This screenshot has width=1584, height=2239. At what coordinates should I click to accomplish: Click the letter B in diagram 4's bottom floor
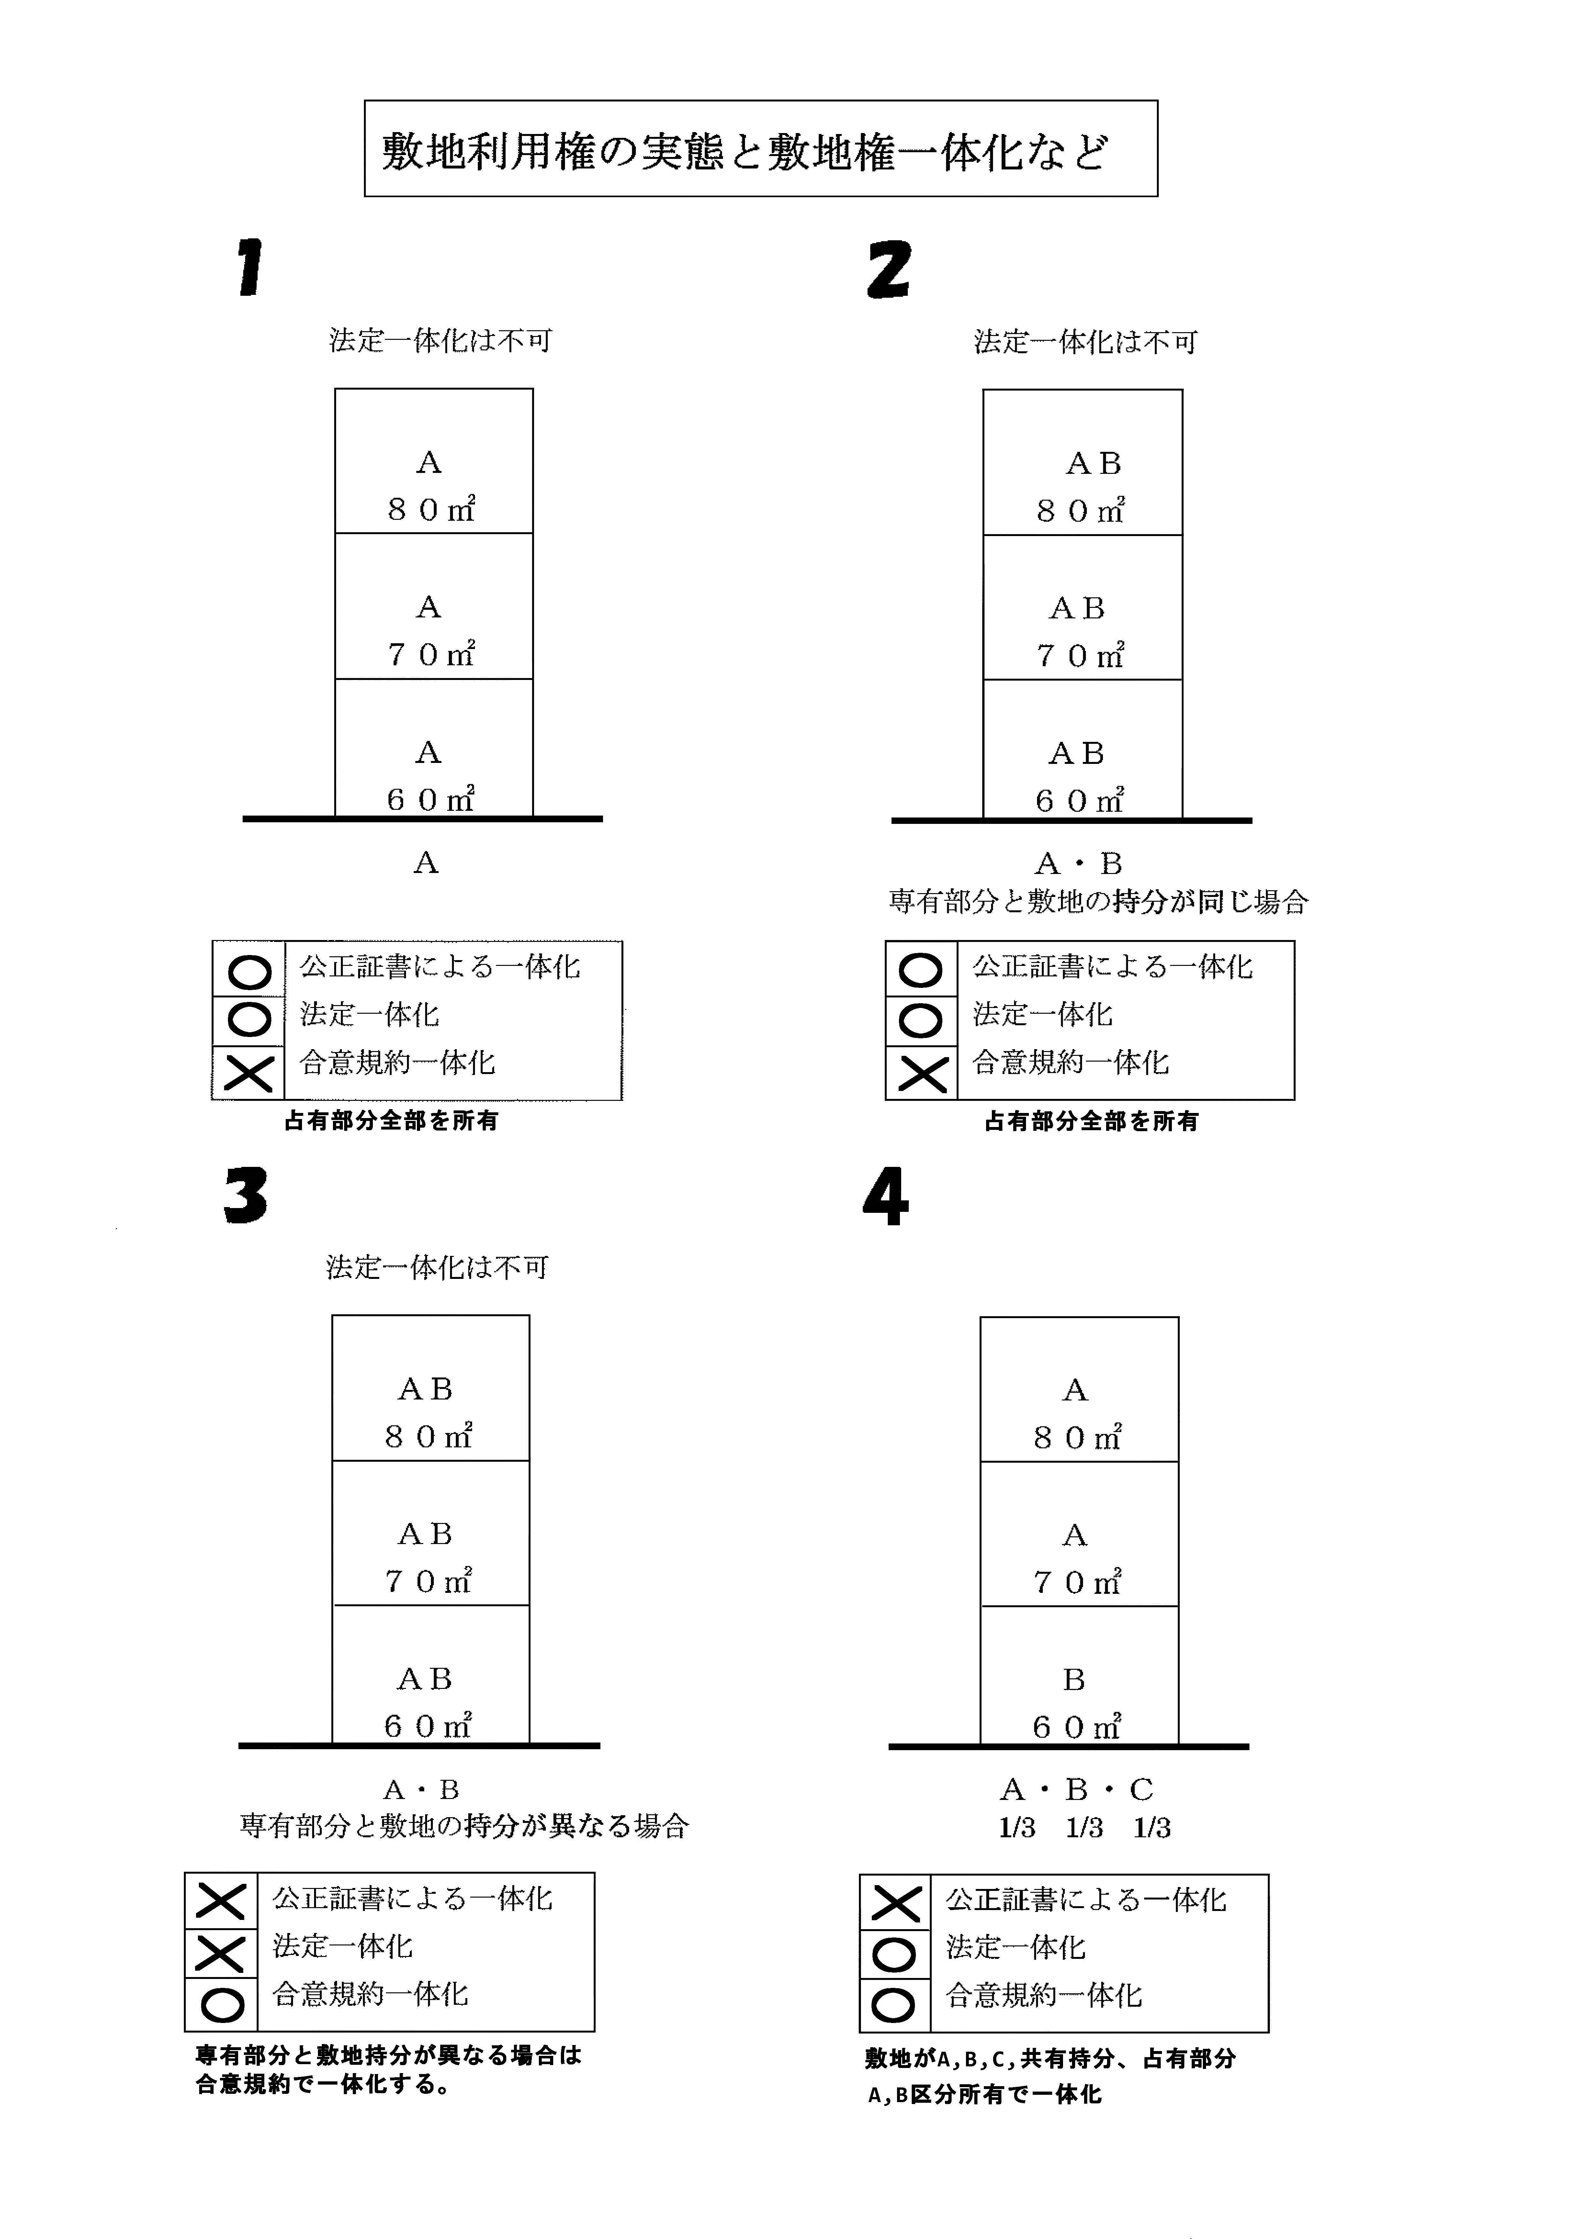1074,1679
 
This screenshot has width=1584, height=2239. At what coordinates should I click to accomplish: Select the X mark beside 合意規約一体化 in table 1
249,1074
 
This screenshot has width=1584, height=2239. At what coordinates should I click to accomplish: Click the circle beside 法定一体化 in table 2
921,1020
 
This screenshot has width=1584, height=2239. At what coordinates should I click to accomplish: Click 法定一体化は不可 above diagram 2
1086,341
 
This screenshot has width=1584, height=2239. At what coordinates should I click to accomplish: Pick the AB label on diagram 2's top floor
1093,463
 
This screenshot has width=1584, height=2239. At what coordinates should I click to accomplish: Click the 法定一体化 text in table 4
1015,1947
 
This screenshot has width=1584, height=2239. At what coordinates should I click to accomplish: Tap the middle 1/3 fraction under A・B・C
1084,1827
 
